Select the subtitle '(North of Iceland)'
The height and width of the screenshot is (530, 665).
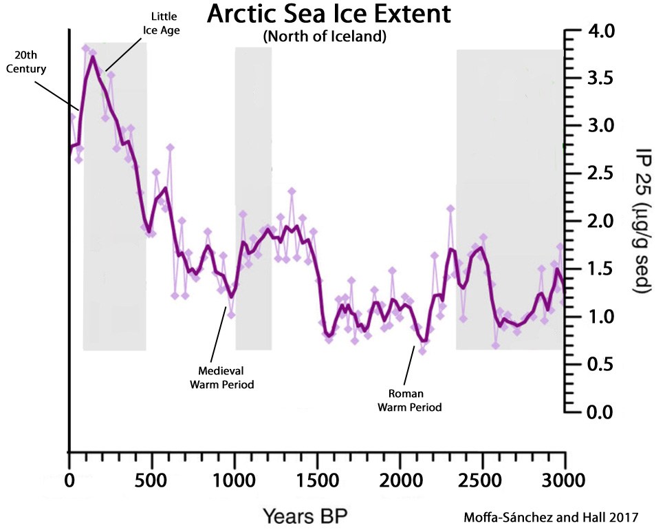tap(323, 38)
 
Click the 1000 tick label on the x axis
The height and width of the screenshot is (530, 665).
tap(235, 478)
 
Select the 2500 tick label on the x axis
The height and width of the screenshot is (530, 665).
tap(483, 478)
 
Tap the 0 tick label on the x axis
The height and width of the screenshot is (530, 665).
tap(69, 478)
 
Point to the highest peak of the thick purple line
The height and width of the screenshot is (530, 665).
tap(92, 57)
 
